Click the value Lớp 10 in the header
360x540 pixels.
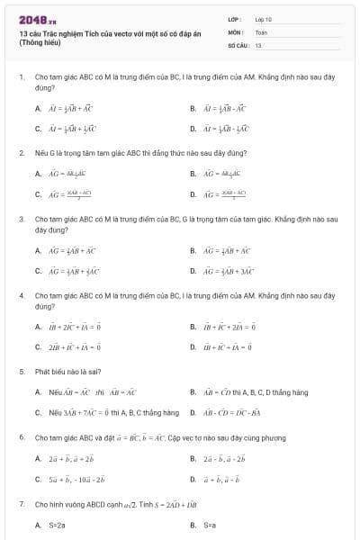(x=263, y=18)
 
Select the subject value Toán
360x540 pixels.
(x=261, y=31)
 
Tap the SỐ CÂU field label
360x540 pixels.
(x=238, y=43)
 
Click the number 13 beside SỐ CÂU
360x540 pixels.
(x=258, y=43)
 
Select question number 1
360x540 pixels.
(x=21, y=77)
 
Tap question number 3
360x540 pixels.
(x=21, y=219)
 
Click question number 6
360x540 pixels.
(x=21, y=437)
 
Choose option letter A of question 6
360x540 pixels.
(x=38, y=458)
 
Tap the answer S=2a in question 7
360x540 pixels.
(x=57, y=524)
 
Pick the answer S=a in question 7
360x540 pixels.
(x=210, y=524)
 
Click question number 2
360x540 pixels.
(x=21, y=153)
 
